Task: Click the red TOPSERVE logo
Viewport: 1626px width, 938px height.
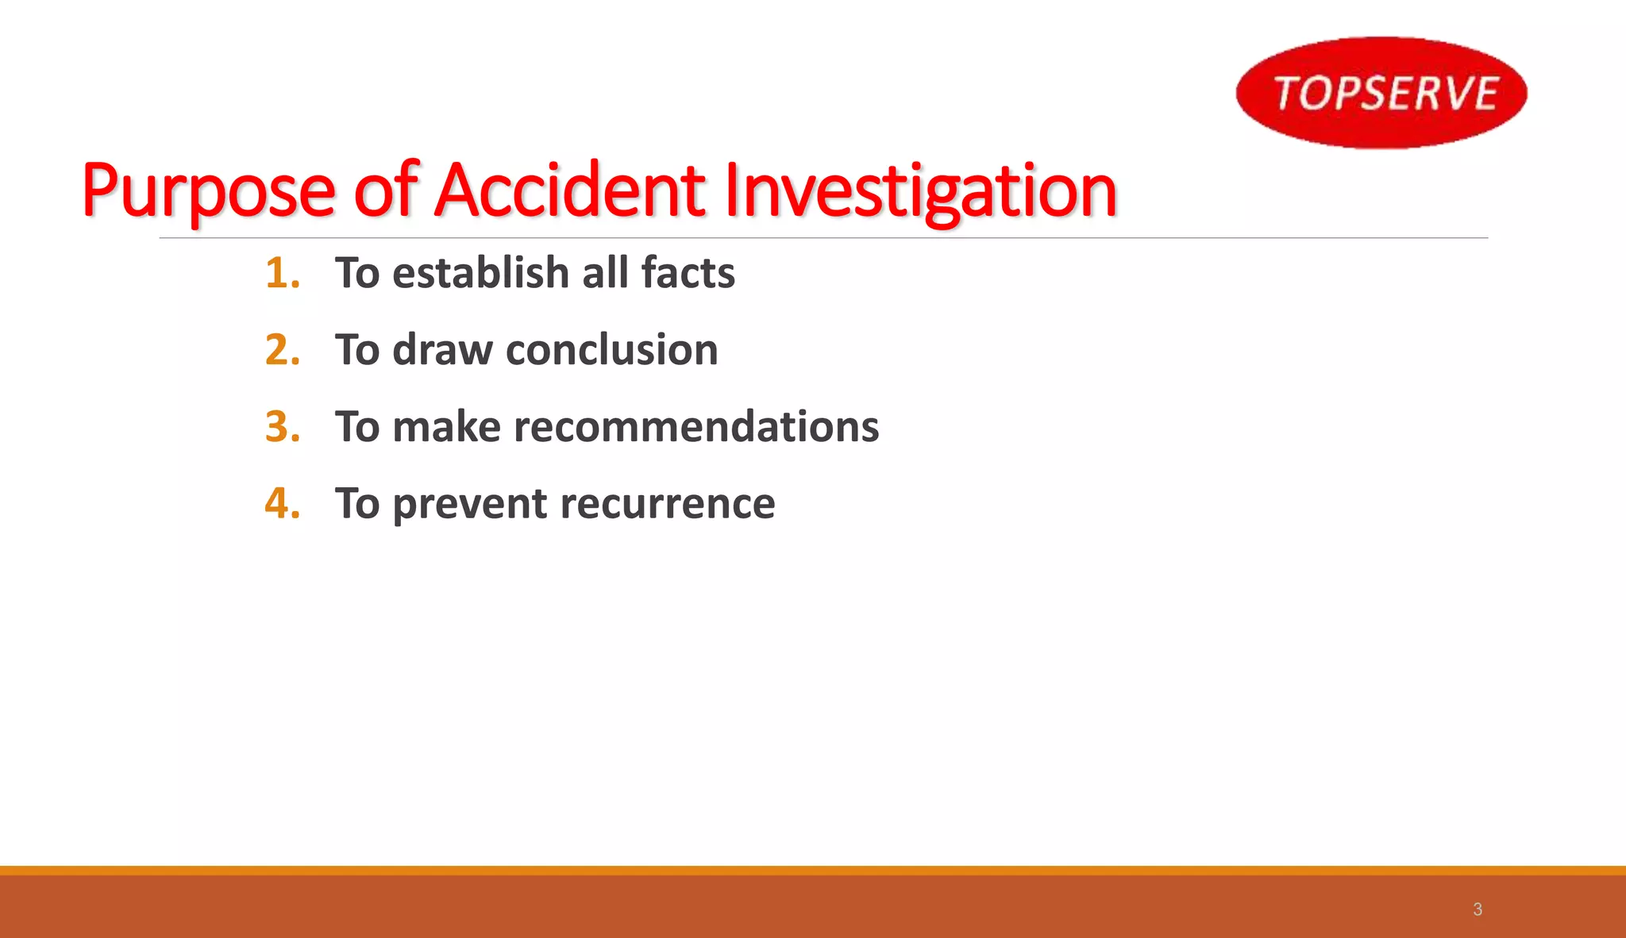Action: tap(1381, 92)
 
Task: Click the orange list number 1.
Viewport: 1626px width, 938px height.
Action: tap(282, 273)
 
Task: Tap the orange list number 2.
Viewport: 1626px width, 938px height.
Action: tap(282, 350)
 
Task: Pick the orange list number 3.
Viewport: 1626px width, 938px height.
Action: tap(282, 427)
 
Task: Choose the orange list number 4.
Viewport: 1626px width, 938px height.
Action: tap(282, 504)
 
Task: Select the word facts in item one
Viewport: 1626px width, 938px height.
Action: tap(688, 273)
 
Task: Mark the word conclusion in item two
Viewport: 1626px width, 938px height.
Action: tap(611, 350)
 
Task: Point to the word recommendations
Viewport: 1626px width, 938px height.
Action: tap(696, 427)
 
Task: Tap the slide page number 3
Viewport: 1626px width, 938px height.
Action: tap(1478, 909)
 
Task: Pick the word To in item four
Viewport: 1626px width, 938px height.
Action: tap(357, 504)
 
